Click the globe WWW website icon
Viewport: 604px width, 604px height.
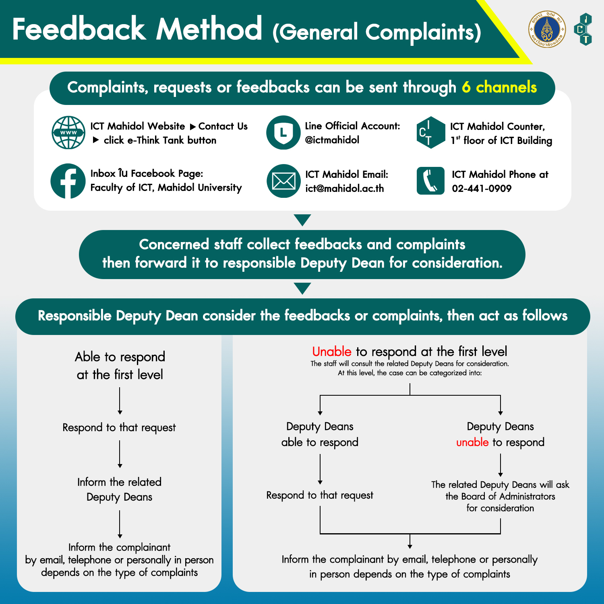(68, 133)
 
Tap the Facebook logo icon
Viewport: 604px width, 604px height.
(68, 181)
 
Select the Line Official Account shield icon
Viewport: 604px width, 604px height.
(283, 133)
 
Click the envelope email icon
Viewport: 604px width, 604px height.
(283, 181)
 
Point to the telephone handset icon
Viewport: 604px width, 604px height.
(430, 181)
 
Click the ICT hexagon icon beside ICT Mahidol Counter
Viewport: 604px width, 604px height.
(430, 133)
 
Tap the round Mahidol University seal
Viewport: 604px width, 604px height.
(547, 29)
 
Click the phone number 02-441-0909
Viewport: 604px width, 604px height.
(482, 188)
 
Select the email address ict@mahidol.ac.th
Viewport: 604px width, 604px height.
(345, 188)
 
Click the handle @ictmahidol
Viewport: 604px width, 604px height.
(332, 140)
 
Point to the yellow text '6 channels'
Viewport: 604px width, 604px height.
(499, 87)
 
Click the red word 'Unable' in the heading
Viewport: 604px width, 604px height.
(332, 351)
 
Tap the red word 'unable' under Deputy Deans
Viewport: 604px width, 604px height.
(472, 442)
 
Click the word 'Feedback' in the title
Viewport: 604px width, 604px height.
(79, 29)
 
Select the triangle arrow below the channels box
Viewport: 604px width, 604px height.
(302, 220)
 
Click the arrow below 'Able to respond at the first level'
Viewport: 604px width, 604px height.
(120, 401)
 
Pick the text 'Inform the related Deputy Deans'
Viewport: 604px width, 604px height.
(120, 489)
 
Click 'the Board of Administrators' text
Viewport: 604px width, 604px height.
(500, 496)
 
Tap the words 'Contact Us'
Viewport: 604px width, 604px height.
(223, 126)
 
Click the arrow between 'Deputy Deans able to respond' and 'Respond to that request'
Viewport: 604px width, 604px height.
(320, 469)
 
